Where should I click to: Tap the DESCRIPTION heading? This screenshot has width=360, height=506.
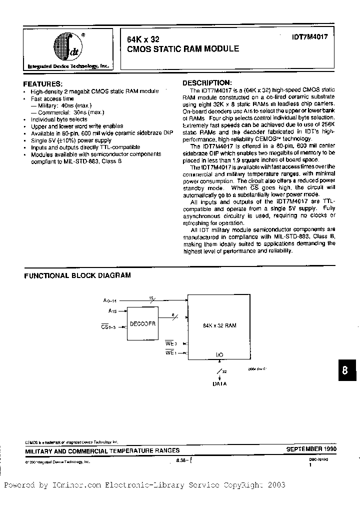tap(206, 82)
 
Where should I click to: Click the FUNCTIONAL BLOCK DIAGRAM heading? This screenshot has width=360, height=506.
tap(77, 275)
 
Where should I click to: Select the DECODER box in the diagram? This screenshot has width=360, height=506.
tap(143, 324)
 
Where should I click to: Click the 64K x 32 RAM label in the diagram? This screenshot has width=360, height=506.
tap(220, 325)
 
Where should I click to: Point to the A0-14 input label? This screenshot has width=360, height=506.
tap(109, 300)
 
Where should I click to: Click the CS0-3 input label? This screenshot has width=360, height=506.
tap(108, 327)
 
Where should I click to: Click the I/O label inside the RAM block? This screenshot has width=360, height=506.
tap(220, 354)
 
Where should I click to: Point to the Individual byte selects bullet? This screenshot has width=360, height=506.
tap(58, 120)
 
